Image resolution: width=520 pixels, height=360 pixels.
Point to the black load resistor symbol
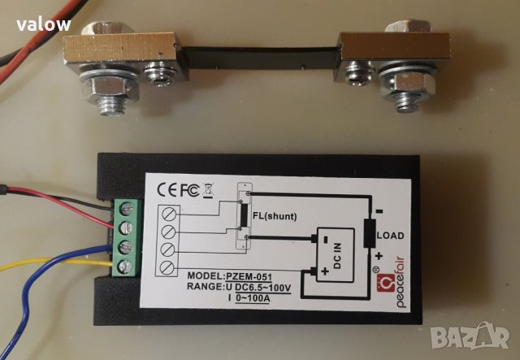coord(371,232)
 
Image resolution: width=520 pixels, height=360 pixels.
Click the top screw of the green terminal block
coord(128,208)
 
